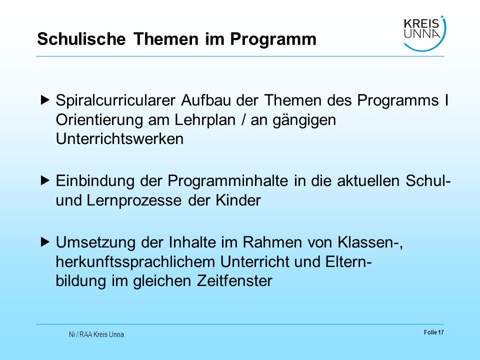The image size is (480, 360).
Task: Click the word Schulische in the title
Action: [x=81, y=39]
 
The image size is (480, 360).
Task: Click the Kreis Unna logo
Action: [x=424, y=33]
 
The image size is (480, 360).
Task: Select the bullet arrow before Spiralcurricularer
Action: [x=45, y=100]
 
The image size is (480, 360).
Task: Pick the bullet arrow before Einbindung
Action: [x=45, y=180]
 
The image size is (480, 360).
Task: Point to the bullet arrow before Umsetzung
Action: [x=45, y=242]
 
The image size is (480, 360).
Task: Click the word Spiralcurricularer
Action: [x=115, y=100]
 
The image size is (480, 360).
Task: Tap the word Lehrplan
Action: [x=205, y=120]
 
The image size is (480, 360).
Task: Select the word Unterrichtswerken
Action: [x=119, y=138]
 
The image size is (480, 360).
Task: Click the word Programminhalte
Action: [x=228, y=181]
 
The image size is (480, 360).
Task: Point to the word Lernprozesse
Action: [x=134, y=201]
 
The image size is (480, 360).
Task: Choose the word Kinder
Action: [x=238, y=200]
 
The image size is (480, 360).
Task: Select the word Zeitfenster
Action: [x=234, y=280]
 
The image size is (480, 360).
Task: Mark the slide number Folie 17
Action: [x=434, y=332]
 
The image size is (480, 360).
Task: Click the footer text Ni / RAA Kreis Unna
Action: [x=96, y=334]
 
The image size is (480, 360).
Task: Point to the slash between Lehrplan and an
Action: [x=243, y=119]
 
